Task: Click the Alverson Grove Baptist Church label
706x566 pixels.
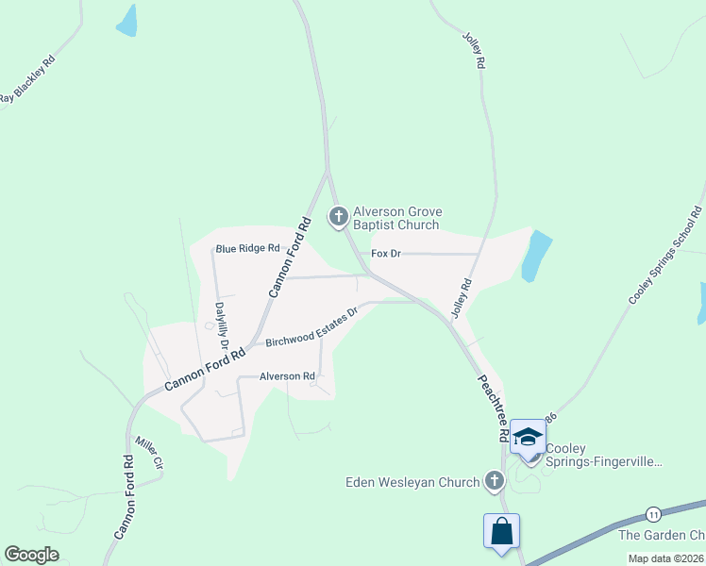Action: (x=396, y=219)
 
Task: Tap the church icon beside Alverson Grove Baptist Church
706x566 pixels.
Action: (x=338, y=217)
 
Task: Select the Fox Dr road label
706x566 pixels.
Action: (x=386, y=254)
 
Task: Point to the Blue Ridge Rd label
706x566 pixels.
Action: (x=247, y=249)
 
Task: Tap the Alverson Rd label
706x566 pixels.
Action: (x=287, y=376)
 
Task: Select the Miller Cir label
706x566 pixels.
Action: (x=149, y=453)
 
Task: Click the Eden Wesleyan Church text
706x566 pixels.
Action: (x=412, y=483)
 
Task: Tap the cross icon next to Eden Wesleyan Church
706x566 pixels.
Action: (x=493, y=482)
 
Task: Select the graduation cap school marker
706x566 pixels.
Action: (x=528, y=437)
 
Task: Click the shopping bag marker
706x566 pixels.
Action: (x=501, y=531)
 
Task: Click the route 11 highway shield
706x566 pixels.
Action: (x=652, y=513)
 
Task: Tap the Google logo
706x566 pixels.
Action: (x=31, y=555)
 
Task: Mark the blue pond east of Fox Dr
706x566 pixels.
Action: (x=535, y=256)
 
